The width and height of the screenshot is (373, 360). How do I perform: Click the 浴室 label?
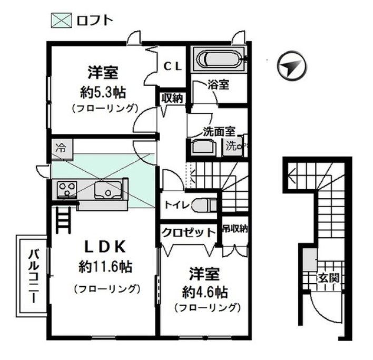(x=218, y=84)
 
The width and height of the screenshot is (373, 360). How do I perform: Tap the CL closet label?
(x=172, y=66)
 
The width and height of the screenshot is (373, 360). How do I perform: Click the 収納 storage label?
(x=172, y=98)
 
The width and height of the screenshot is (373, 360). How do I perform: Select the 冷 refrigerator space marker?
(x=61, y=148)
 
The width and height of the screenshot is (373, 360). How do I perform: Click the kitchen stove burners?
(x=66, y=188)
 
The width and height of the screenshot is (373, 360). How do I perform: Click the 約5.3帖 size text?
(x=103, y=92)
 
